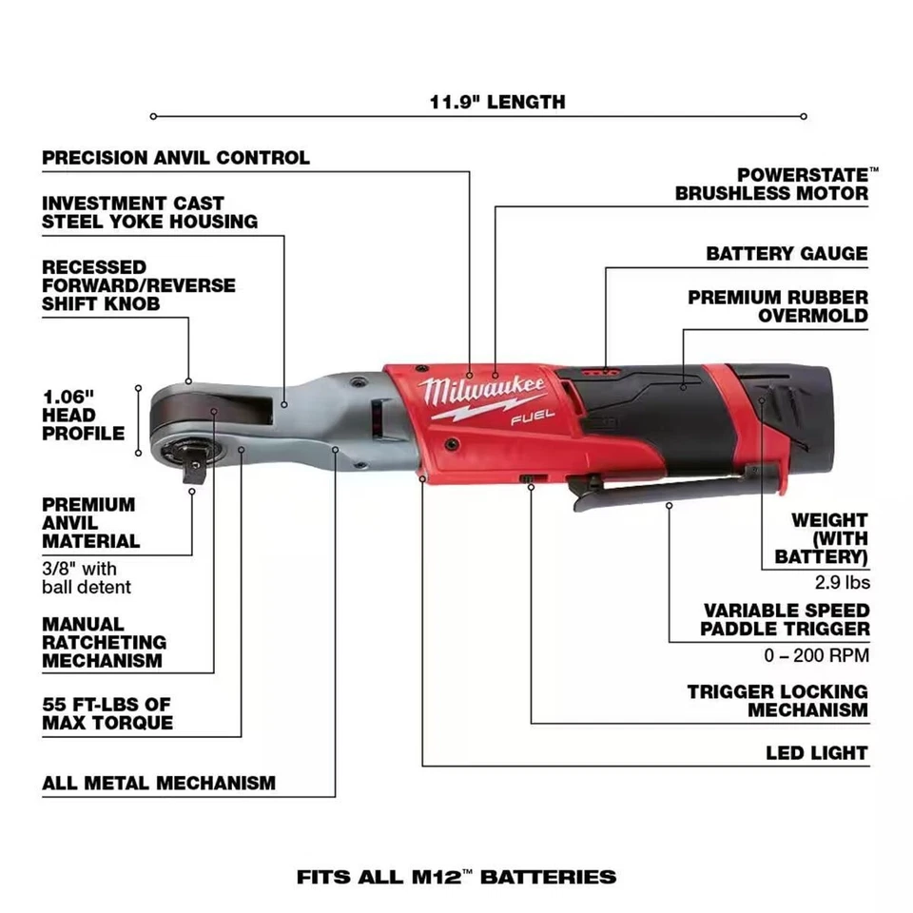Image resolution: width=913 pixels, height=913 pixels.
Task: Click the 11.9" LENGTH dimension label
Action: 496,101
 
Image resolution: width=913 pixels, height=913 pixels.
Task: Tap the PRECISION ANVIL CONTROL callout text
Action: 176,158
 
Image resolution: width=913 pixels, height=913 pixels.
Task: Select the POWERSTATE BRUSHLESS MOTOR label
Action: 771,185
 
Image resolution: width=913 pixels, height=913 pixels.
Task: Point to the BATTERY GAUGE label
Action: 787,254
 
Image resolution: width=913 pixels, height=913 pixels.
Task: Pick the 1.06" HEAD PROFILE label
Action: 83,415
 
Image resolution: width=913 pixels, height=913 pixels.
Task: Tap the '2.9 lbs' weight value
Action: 841,582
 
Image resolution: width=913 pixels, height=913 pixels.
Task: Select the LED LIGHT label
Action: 817,753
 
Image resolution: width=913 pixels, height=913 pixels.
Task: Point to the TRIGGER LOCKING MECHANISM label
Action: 778,701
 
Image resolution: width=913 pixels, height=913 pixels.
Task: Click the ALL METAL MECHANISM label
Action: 159,784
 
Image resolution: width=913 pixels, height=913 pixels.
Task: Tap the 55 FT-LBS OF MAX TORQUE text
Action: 107,713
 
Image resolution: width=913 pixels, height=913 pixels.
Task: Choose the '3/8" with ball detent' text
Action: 87,578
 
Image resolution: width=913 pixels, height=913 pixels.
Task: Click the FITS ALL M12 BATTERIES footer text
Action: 456,876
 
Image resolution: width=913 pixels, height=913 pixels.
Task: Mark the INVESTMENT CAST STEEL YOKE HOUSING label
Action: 149,212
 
